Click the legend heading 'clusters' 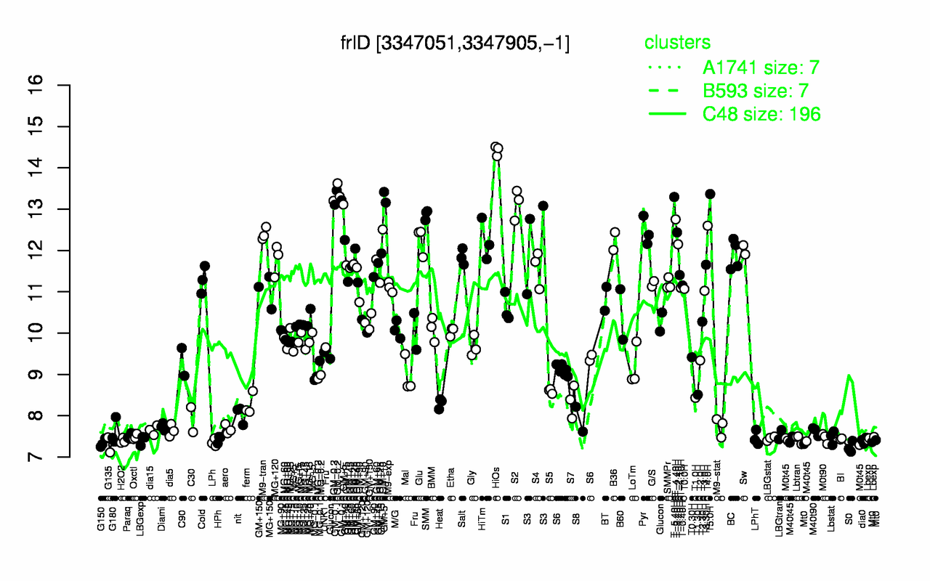[x=677, y=43]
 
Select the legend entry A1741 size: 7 [x=761, y=68]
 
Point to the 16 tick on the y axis [x=57, y=86]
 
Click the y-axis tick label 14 [x=57, y=168]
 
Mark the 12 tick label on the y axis [x=57, y=251]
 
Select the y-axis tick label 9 [x=57, y=374]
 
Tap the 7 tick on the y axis [x=57, y=457]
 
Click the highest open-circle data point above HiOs [x=495, y=147]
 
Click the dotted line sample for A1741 [x=666, y=68]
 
